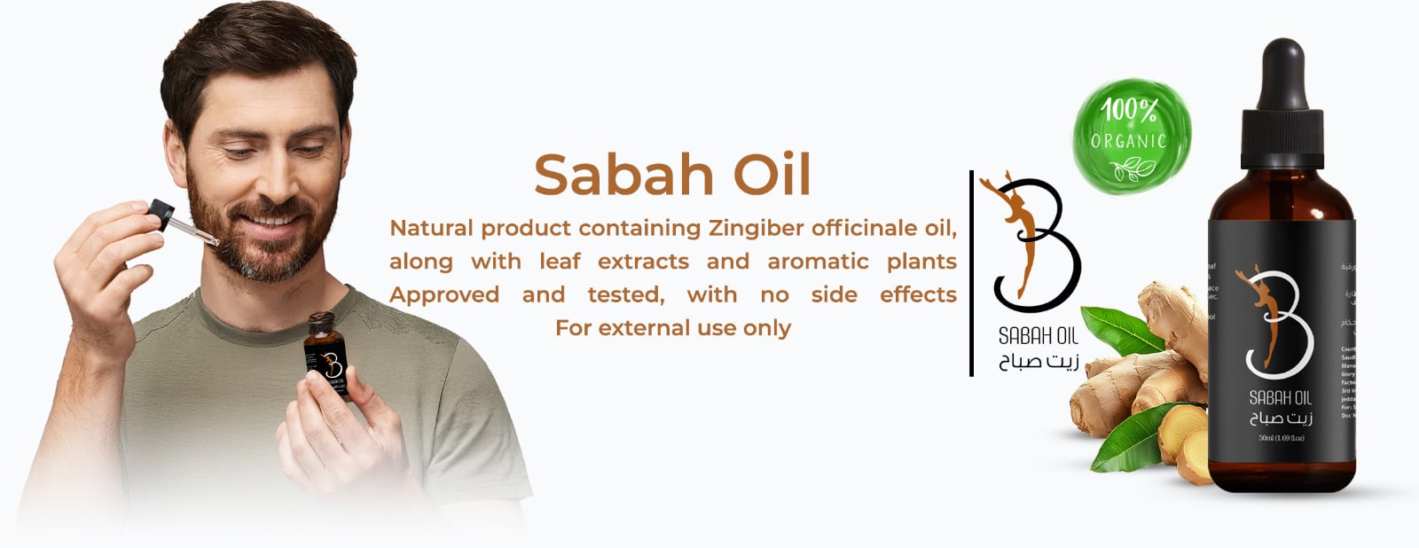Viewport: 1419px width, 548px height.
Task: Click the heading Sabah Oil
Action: (672, 175)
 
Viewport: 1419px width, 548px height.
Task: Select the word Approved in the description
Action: (444, 294)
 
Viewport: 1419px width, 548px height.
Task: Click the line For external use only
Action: (672, 328)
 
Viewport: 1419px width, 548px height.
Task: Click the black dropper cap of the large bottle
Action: (1282, 98)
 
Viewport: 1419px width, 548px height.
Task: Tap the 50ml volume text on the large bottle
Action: (1281, 438)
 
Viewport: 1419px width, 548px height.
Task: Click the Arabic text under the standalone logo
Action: (1039, 362)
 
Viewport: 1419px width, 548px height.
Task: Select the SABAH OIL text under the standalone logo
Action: (1039, 336)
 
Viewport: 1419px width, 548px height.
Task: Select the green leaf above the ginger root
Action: (1122, 328)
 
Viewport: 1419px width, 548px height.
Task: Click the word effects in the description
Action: (918, 294)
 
